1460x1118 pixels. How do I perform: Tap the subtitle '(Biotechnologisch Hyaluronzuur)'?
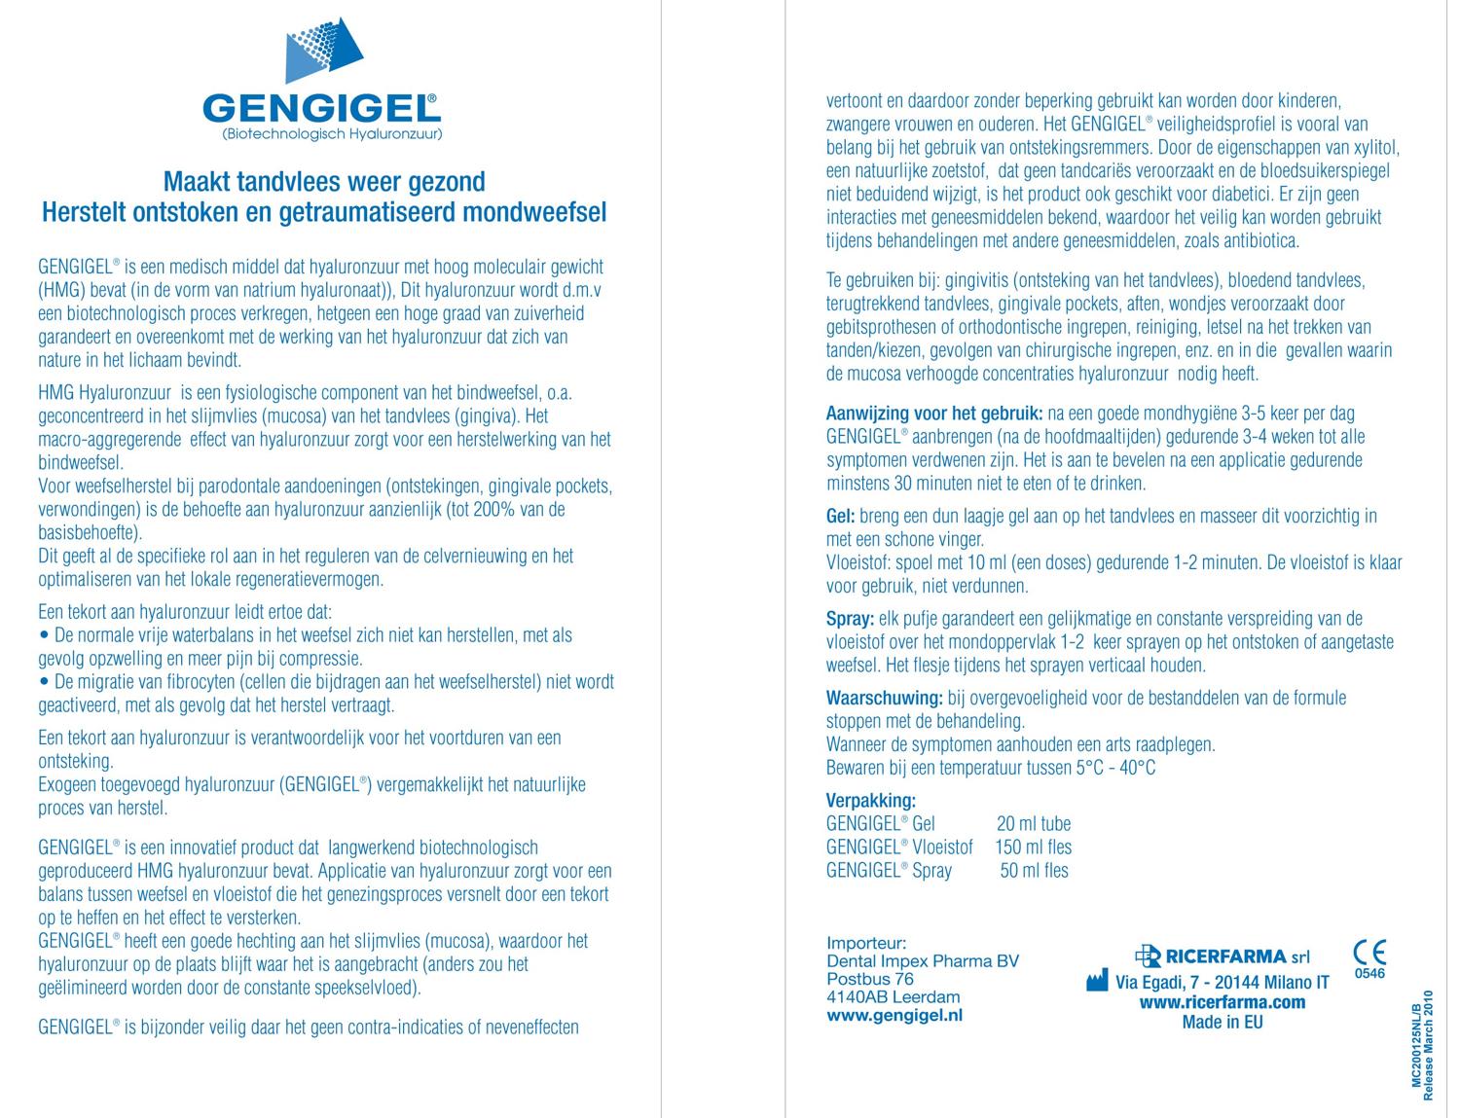click(332, 134)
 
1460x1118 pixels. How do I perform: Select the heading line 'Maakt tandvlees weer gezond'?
click(324, 182)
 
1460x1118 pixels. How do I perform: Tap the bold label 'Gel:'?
click(841, 517)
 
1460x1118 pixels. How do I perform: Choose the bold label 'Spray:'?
click(849, 619)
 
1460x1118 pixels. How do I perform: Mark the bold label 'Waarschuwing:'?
click(884, 699)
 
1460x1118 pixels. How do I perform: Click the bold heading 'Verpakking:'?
click(870, 801)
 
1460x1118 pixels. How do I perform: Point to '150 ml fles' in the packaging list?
click(1033, 848)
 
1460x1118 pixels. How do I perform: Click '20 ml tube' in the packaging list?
click(1034, 824)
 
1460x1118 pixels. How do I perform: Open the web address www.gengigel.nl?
click(894, 1015)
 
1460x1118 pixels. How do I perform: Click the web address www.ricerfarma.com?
click(1222, 1002)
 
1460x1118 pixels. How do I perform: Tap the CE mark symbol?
click(1369, 952)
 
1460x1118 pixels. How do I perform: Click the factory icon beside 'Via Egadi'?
click(1097, 981)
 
